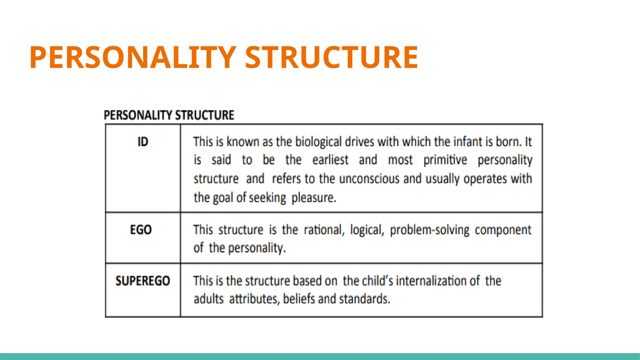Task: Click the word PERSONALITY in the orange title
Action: (x=132, y=57)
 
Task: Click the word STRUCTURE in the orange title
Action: (x=331, y=57)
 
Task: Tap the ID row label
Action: (x=143, y=142)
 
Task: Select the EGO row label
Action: (x=141, y=230)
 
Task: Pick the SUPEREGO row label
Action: (x=143, y=281)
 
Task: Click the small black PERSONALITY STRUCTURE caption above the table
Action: (x=169, y=115)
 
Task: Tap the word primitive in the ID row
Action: (x=445, y=160)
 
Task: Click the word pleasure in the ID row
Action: (x=313, y=198)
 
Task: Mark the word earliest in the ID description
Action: (x=330, y=160)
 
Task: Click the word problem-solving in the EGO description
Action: (x=429, y=230)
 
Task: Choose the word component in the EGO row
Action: (x=502, y=230)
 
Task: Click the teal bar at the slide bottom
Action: (x=320, y=356)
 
